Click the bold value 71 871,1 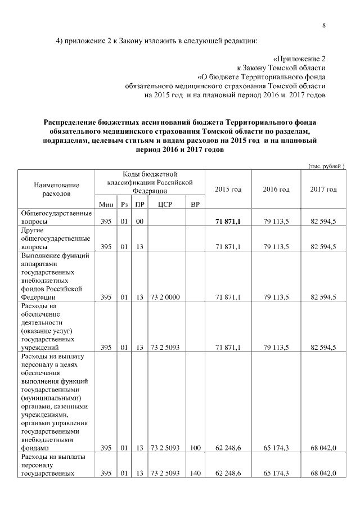pyautogui.click(x=228, y=222)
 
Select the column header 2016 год pyautogui.click(x=276, y=189)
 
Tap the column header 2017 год pyautogui.click(x=323, y=189)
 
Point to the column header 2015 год pyautogui.click(x=228, y=189)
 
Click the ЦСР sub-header pyautogui.click(x=165, y=204)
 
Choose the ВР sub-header pyautogui.click(x=195, y=204)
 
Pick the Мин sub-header pyautogui.click(x=106, y=204)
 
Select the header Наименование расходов pyautogui.click(x=56, y=189)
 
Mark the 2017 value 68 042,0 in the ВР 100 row pyautogui.click(x=323, y=448)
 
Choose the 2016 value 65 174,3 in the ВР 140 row pyautogui.click(x=276, y=474)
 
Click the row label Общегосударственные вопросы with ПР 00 pyautogui.click(x=56, y=218)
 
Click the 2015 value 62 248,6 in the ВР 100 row pyautogui.click(x=228, y=448)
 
